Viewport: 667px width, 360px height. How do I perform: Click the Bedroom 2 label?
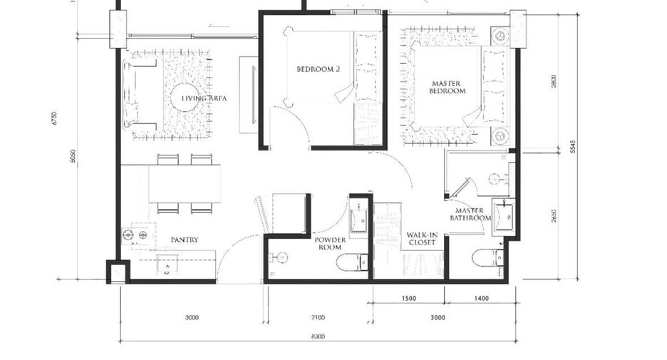pos(319,69)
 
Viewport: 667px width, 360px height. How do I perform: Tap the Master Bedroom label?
pos(447,87)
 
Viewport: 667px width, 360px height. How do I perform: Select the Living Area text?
pos(205,98)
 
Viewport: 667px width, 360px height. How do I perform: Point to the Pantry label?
pos(185,240)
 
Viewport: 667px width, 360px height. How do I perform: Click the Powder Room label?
pos(330,243)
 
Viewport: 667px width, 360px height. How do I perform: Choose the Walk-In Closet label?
pos(422,239)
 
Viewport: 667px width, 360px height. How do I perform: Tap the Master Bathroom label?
pos(470,214)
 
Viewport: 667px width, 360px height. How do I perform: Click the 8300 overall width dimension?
pos(318,336)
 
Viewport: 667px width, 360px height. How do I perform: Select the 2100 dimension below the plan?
pos(318,317)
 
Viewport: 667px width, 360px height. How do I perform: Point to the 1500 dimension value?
pos(409,298)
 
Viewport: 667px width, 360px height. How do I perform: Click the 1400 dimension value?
pos(482,298)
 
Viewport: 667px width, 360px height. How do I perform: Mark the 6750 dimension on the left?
pos(53,118)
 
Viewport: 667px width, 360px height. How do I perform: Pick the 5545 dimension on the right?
pos(573,146)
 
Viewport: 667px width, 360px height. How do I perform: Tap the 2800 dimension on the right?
pos(554,81)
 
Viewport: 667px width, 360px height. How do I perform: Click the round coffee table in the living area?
pos(185,98)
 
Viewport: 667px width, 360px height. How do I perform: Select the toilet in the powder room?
pos(352,262)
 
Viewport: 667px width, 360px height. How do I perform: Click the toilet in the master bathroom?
pos(488,258)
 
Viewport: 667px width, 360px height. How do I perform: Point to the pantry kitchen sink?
pos(167,264)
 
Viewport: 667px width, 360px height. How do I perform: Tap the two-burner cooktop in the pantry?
pos(135,235)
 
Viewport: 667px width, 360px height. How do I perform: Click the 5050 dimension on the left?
pos(73,155)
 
